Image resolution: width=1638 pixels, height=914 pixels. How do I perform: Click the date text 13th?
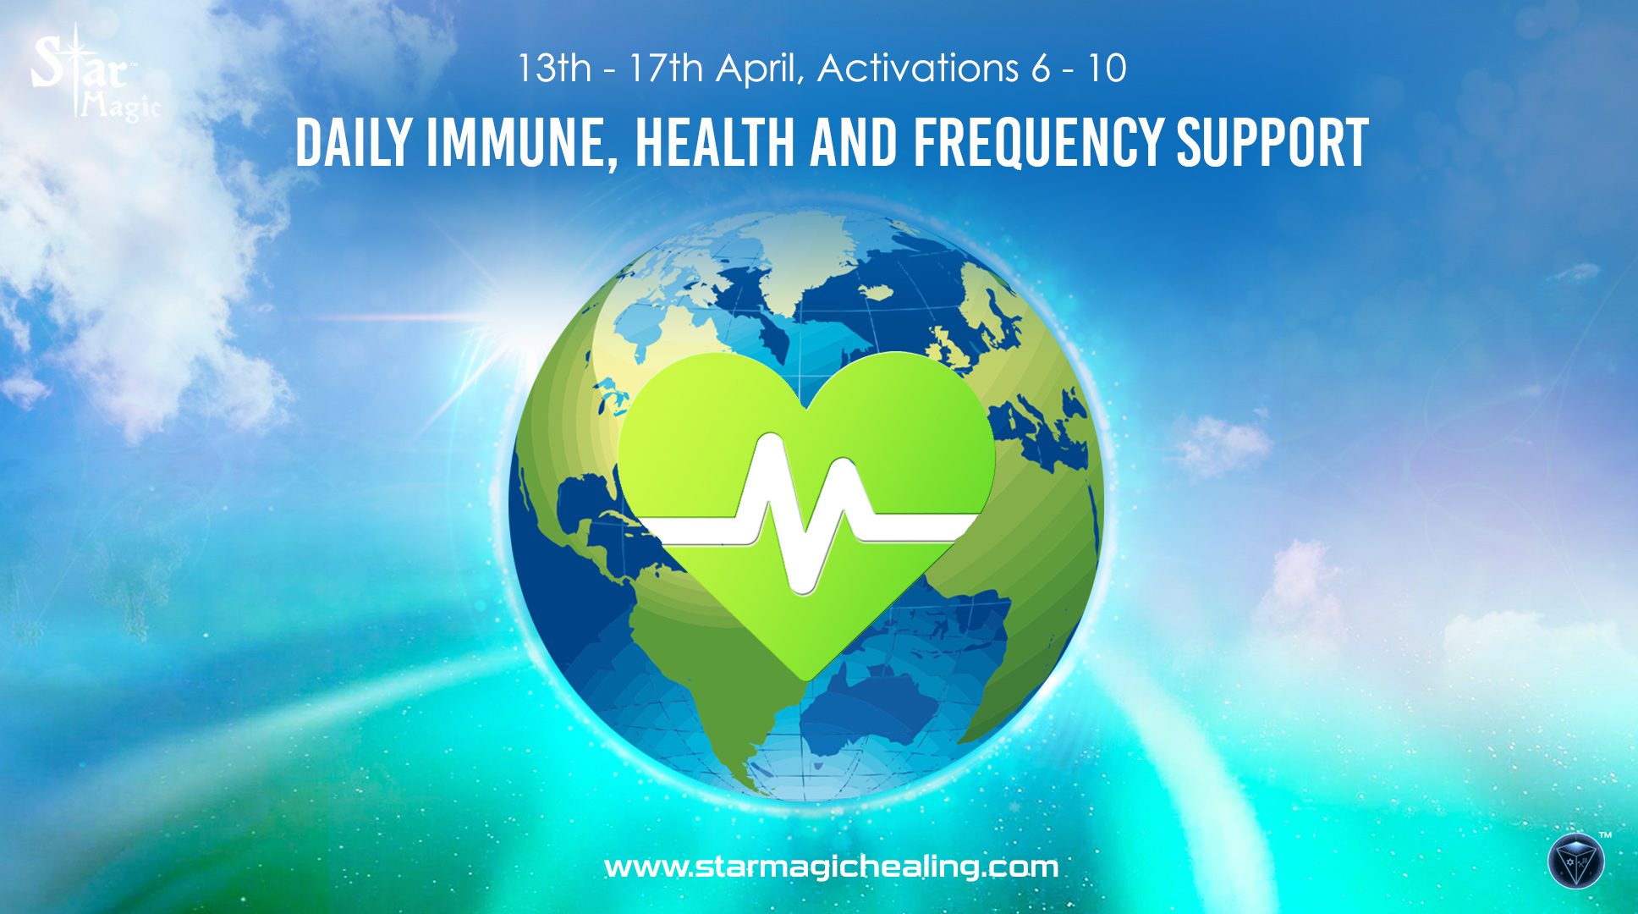(554, 68)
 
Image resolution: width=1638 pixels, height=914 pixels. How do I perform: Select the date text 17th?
(666, 68)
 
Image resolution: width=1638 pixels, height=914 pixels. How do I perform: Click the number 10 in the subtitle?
(1107, 68)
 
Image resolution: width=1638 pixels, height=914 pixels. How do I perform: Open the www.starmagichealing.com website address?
(831, 867)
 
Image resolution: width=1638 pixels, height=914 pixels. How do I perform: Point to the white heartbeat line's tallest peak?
(770, 440)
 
